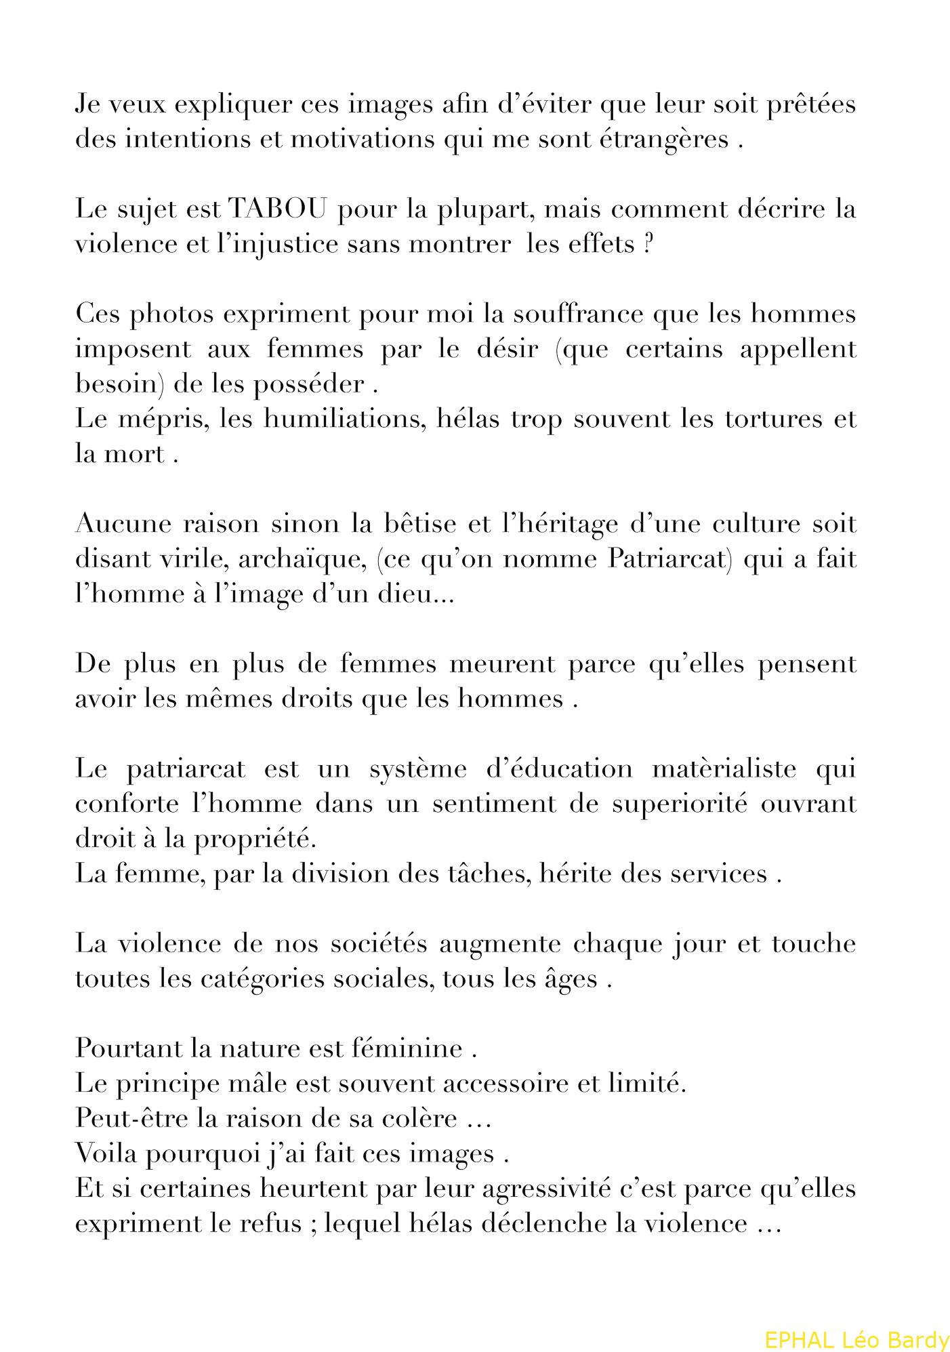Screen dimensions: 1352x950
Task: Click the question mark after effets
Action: pos(648,244)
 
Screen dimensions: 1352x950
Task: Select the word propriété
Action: pos(255,839)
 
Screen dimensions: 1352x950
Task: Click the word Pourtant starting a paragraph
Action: pos(129,1048)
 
